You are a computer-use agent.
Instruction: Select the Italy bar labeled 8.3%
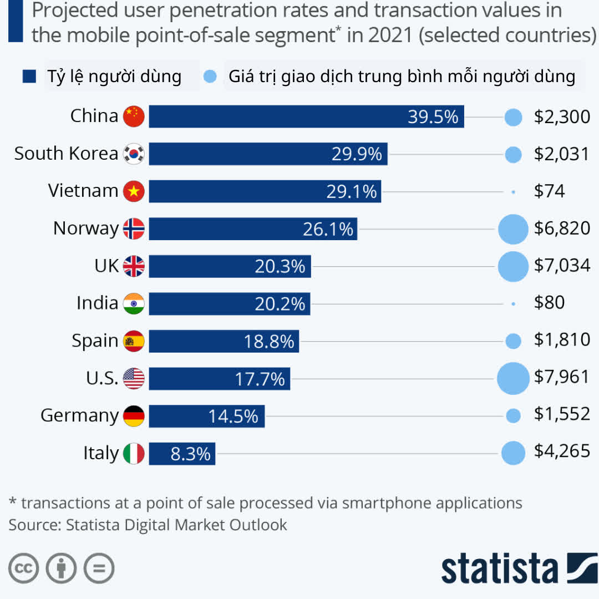pyautogui.click(x=182, y=454)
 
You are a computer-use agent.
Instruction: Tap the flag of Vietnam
pyautogui.click(x=134, y=191)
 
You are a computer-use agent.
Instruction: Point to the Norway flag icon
pyautogui.click(x=134, y=229)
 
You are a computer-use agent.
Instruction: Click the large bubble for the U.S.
pyautogui.click(x=513, y=378)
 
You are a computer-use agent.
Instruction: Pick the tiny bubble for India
pyautogui.click(x=514, y=304)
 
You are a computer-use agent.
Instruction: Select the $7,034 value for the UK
pyautogui.click(x=562, y=265)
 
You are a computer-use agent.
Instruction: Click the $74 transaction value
pyautogui.click(x=549, y=191)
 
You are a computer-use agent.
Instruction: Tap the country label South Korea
pyautogui.click(x=66, y=154)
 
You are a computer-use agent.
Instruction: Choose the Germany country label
pyautogui.click(x=79, y=415)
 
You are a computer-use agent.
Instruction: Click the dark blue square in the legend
pyautogui.click(x=29, y=77)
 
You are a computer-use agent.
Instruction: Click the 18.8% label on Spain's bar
pyautogui.click(x=269, y=341)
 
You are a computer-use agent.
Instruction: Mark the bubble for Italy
pyautogui.click(x=513, y=453)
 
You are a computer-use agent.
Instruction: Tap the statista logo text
pyautogui.click(x=499, y=568)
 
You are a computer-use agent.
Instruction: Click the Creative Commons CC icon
pyautogui.click(x=23, y=568)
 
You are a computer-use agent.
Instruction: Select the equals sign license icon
pyautogui.click(x=99, y=568)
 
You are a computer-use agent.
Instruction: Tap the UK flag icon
pyautogui.click(x=134, y=266)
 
